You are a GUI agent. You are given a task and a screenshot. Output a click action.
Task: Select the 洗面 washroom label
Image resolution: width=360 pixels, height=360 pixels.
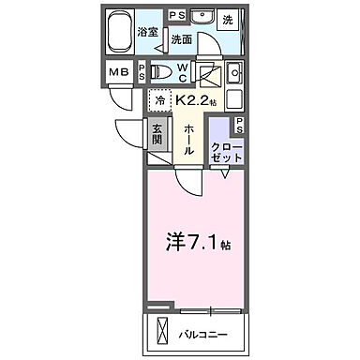click(181, 39)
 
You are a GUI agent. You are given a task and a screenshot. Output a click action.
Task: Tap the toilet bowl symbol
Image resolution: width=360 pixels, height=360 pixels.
click(161, 71)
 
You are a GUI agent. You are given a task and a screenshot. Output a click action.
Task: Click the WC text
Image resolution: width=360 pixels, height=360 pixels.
click(184, 71)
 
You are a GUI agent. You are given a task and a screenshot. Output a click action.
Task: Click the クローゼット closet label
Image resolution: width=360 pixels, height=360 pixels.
click(226, 153)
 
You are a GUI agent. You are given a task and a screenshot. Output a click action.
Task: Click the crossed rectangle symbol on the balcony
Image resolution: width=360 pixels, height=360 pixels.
click(165, 332)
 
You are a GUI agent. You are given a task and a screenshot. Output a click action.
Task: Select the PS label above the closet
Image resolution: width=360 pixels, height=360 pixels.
click(240, 125)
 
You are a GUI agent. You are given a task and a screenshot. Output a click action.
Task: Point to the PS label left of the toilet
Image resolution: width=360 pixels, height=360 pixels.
click(142, 72)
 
